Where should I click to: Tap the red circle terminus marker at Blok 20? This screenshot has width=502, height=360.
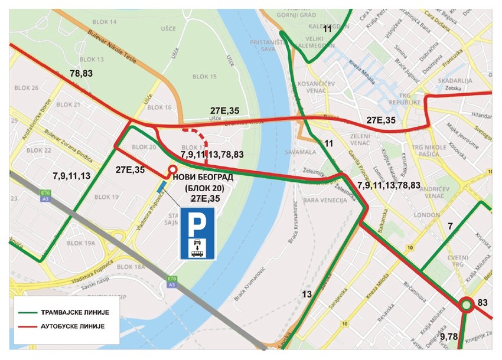click(172, 170)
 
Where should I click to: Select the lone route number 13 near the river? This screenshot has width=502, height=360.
click(306, 294)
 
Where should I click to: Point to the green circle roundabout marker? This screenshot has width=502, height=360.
click(466, 305)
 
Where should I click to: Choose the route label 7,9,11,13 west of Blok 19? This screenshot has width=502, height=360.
click(71, 176)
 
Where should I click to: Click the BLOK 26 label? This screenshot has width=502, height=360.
click(26, 88)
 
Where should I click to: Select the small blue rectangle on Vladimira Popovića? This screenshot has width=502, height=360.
click(161, 187)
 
